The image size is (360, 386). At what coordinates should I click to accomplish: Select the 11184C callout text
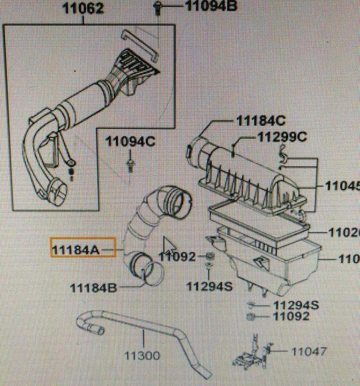point(261,120)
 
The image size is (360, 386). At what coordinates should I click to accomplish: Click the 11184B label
point(93,288)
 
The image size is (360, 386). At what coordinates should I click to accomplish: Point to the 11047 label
point(309,352)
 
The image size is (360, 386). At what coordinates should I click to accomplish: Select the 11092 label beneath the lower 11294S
point(291,316)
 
